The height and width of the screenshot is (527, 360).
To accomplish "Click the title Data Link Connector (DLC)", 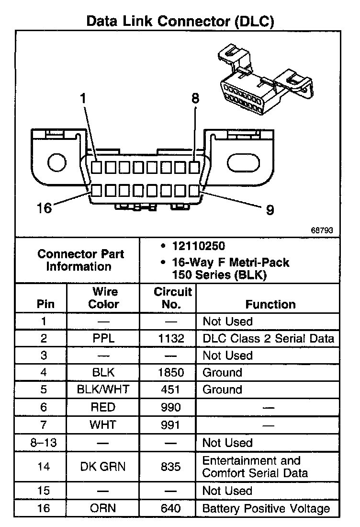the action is pos(180,21).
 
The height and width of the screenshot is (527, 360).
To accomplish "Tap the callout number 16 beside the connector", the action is pos(44,208).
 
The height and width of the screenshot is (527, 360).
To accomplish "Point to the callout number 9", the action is pos(270,209).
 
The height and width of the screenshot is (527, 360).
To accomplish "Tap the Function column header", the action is pos(270,304).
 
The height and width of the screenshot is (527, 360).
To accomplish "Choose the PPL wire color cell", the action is pos(103,338).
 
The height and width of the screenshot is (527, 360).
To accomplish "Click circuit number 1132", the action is pos(171,338).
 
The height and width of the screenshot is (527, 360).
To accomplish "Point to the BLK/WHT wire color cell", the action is pos(103,390).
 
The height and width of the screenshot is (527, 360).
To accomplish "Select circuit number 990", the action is pos(171,407).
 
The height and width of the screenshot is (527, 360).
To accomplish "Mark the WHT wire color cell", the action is pos(103,424).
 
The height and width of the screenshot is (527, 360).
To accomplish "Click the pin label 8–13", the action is pos(44,443).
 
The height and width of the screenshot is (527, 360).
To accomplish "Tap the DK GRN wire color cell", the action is pos(103,467).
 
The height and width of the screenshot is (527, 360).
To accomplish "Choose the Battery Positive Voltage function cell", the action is pos(266,508).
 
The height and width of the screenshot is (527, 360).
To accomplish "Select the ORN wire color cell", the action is pos(103,508).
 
